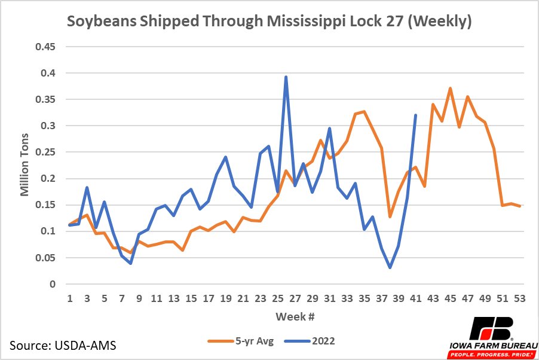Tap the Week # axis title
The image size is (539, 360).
[295, 315]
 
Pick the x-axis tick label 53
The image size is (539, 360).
[520, 297]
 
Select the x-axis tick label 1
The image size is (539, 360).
[70, 297]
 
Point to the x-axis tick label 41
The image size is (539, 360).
[416, 297]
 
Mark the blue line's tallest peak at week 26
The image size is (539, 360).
[286, 77]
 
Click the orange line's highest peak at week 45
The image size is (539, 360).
[450, 89]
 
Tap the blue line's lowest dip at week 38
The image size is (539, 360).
[390, 267]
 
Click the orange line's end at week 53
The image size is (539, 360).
[520, 206]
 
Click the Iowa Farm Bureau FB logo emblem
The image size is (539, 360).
[491, 328]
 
